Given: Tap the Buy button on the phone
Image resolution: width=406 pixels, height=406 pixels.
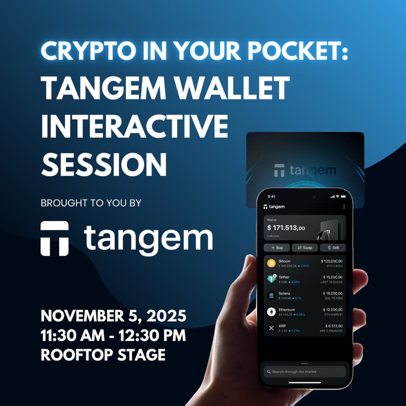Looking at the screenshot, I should pyautogui.click(x=276, y=247).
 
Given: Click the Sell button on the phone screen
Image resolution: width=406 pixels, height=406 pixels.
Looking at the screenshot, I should pyautogui.click(x=332, y=247).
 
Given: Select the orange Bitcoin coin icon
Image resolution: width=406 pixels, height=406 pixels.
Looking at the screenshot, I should pyautogui.click(x=270, y=263).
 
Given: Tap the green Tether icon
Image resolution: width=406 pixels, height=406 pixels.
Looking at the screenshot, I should pyautogui.click(x=270, y=279).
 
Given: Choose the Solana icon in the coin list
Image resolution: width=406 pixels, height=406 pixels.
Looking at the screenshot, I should pyautogui.click(x=270, y=295).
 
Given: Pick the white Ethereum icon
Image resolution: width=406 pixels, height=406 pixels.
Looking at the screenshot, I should pyautogui.click(x=270, y=312).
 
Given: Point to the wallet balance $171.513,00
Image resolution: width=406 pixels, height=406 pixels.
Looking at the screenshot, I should pyautogui.click(x=286, y=228).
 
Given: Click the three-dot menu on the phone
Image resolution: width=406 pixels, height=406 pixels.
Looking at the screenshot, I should pyautogui.click(x=344, y=207).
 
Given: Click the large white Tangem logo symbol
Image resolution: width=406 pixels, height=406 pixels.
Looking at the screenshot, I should pyautogui.click(x=54, y=238).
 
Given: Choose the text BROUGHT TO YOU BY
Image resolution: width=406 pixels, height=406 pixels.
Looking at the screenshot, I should pyautogui.click(x=91, y=203).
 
